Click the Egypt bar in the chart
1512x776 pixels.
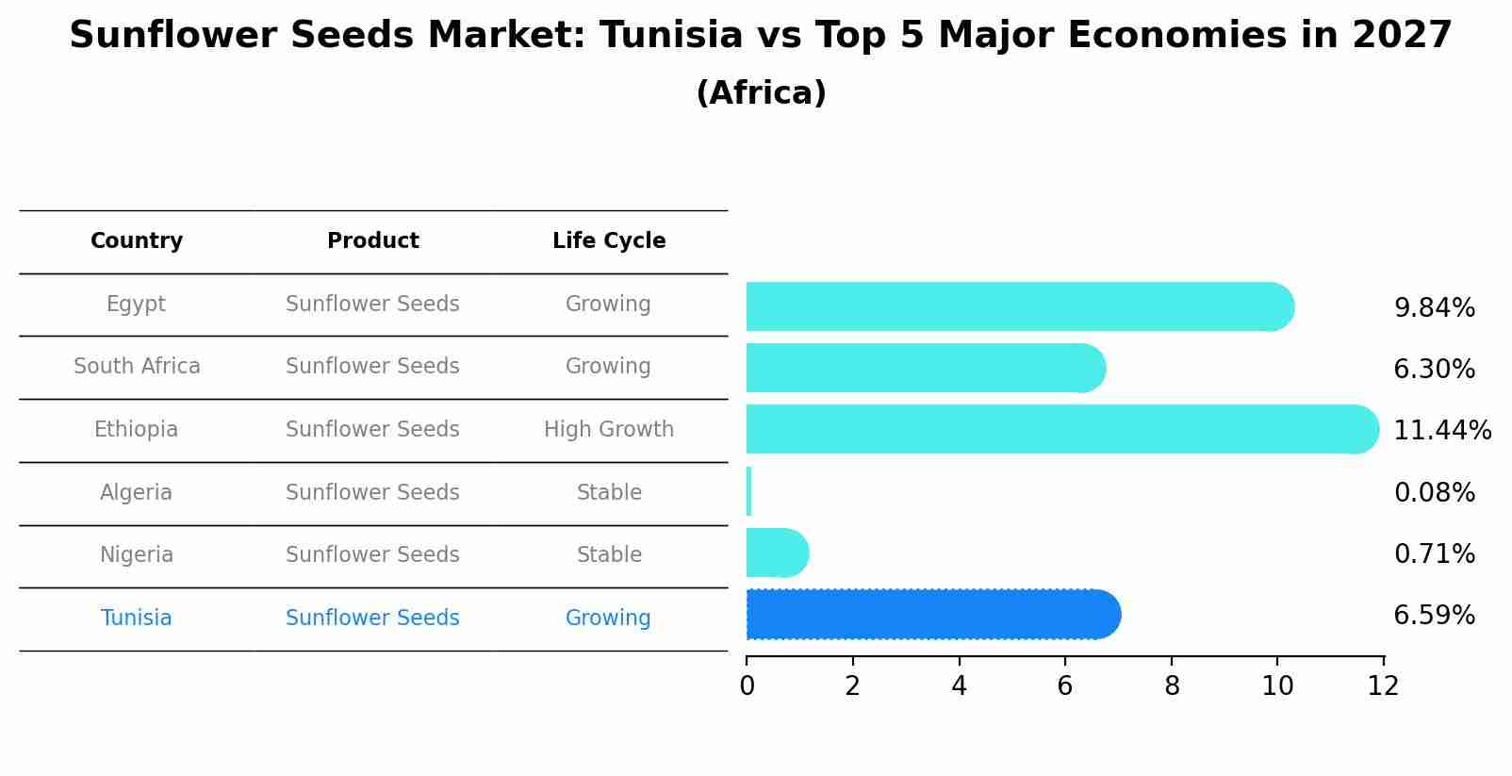(x=1018, y=306)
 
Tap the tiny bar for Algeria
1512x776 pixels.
(x=748, y=491)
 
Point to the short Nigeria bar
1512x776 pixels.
(x=776, y=553)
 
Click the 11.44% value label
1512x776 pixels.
(x=1441, y=431)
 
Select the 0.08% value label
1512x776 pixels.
(x=1434, y=492)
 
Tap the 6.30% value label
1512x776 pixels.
(x=1434, y=370)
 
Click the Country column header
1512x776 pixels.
(x=137, y=241)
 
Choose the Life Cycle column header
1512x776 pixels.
(x=609, y=241)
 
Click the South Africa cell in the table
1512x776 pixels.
(x=137, y=366)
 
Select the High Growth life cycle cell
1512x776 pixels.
(x=609, y=429)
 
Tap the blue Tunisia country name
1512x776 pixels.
(x=137, y=618)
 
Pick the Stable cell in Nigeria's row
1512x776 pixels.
(x=609, y=554)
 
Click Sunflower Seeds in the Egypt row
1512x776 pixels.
(x=372, y=304)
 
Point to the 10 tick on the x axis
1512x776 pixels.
(x=1277, y=686)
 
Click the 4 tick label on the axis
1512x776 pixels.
(x=959, y=686)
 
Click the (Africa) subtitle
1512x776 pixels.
(x=761, y=93)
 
